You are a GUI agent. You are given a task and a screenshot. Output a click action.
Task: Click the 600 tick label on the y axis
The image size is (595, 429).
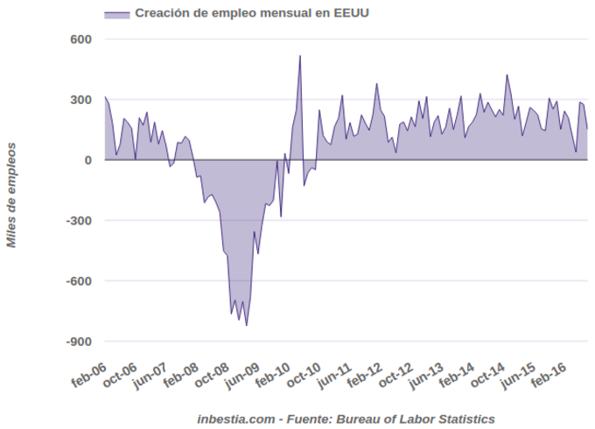tap(80, 39)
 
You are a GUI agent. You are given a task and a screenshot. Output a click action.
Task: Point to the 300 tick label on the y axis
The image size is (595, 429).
tap(80, 100)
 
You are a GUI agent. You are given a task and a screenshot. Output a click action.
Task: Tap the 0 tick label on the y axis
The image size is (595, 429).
tap(87, 160)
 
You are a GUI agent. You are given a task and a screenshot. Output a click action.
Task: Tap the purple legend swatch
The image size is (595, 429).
tap(116, 13)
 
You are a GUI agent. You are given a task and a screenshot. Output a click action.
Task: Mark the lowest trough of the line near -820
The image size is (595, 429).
tap(247, 325)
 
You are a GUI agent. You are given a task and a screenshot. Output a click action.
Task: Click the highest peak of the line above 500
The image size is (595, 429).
tap(300, 56)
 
